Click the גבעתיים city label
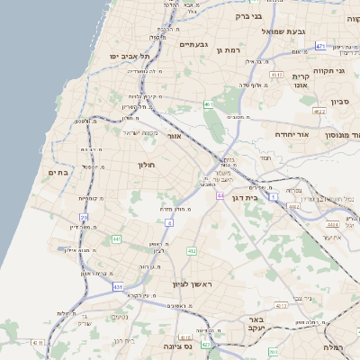(193, 45)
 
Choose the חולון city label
(148, 165)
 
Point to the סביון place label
(340, 103)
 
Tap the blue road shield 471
(320, 45)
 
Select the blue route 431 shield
(118, 287)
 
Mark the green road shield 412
(191, 250)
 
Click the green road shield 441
(116, 238)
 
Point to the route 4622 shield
(318, 111)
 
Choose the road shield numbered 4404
(332, 225)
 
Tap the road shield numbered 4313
(281, 306)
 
